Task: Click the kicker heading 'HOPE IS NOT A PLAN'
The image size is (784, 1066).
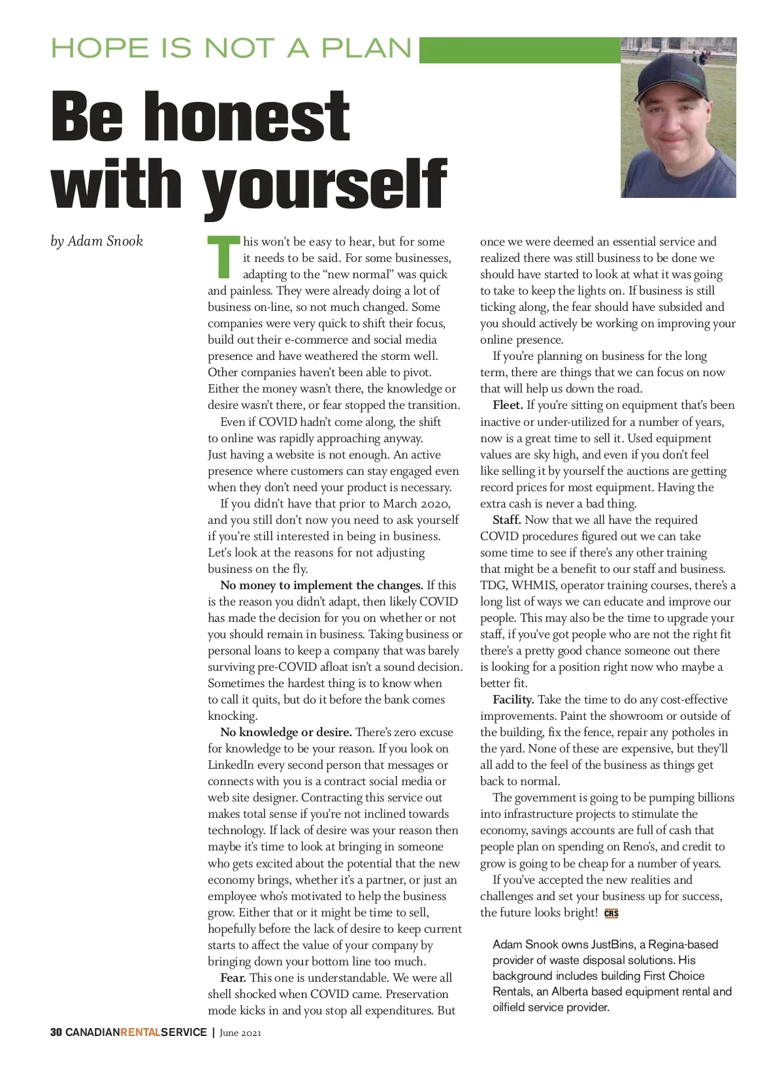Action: [x=232, y=49]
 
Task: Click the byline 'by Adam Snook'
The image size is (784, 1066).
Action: [x=97, y=241]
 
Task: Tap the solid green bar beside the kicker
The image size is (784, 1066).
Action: [x=519, y=50]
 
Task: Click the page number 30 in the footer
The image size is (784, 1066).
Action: [x=56, y=1033]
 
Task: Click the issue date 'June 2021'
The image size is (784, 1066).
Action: [x=240, y=1033]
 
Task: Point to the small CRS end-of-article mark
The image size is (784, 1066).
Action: [x=612, y=914]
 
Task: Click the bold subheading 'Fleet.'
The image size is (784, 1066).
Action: [x=508, y=406]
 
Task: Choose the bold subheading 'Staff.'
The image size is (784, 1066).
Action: [x=507, y=520]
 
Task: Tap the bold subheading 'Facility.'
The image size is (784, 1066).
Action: [x=514, y=700]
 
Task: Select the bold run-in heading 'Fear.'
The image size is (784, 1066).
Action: [x=233, y=978]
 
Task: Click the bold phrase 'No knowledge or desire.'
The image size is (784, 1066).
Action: [x=286, y=732]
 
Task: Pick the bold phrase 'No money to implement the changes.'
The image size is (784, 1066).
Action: [x=322, y=585]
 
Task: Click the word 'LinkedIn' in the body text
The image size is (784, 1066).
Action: [x=231, y=765]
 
